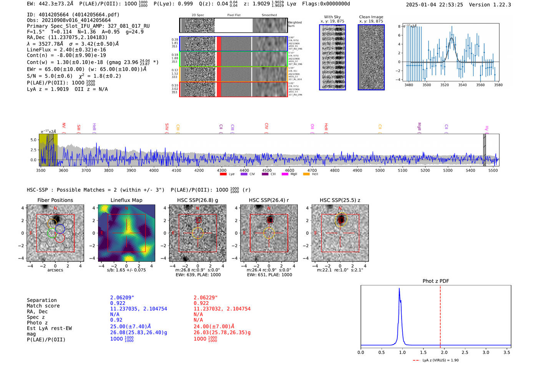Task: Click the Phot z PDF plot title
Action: [x=436, y=281]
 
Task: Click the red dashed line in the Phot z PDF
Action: [x=440, y=315]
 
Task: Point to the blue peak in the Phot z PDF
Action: [x=399, y=289]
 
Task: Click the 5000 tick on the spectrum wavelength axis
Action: [x=380, y=171]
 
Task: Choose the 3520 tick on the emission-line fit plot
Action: [x=445, y=85]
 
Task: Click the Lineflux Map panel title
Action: [x=126, y=200]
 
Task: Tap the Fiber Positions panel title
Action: [x=55, y=200]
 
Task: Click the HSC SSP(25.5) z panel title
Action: [x=340, y=200]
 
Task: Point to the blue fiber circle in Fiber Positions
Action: [x=60, y=229]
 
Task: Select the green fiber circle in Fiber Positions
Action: [x=51, y=233]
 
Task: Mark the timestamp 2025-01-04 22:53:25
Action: [x=434, y=5]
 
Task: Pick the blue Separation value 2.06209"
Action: [x=122, y=298]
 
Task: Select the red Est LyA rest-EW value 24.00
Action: [x=214, y=326]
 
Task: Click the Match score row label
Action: [x=43, y=306]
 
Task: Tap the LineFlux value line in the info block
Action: [x=66, y=50]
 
